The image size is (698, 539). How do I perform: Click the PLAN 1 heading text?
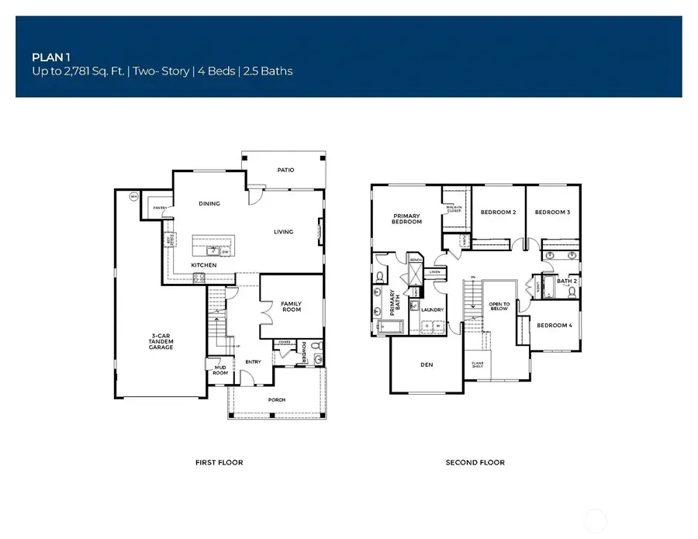(x=48, y=57)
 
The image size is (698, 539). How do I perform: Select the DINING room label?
(x=209, y=204)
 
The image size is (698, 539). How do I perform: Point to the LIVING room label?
(x=283, y=232)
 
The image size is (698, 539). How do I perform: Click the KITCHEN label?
(x=203, y=265)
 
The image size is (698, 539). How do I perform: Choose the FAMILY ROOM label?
(x=290, y=306)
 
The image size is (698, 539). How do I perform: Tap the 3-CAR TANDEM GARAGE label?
(x=162, y=342)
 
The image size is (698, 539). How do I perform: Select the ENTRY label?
(x=253, y=361)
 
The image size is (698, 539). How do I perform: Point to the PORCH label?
(x=276, y=400)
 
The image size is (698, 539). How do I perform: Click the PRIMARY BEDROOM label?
(x=407, y=219)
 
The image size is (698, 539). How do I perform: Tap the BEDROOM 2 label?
(x=498, y=212)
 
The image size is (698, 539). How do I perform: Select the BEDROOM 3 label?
(x=553, y=212)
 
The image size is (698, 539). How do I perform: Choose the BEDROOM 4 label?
(x=554, y=325)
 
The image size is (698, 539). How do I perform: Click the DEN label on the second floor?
(x=426, y=364)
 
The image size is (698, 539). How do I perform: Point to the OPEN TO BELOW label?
(x=499, y=308)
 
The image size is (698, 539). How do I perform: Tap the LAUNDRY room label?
(x=431, y=310)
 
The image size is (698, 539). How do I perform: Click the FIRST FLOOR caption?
(x=219, y=462)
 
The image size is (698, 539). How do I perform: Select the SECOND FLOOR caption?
(x=475, y=462)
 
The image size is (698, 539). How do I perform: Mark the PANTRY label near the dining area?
(x=160, y=208)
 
